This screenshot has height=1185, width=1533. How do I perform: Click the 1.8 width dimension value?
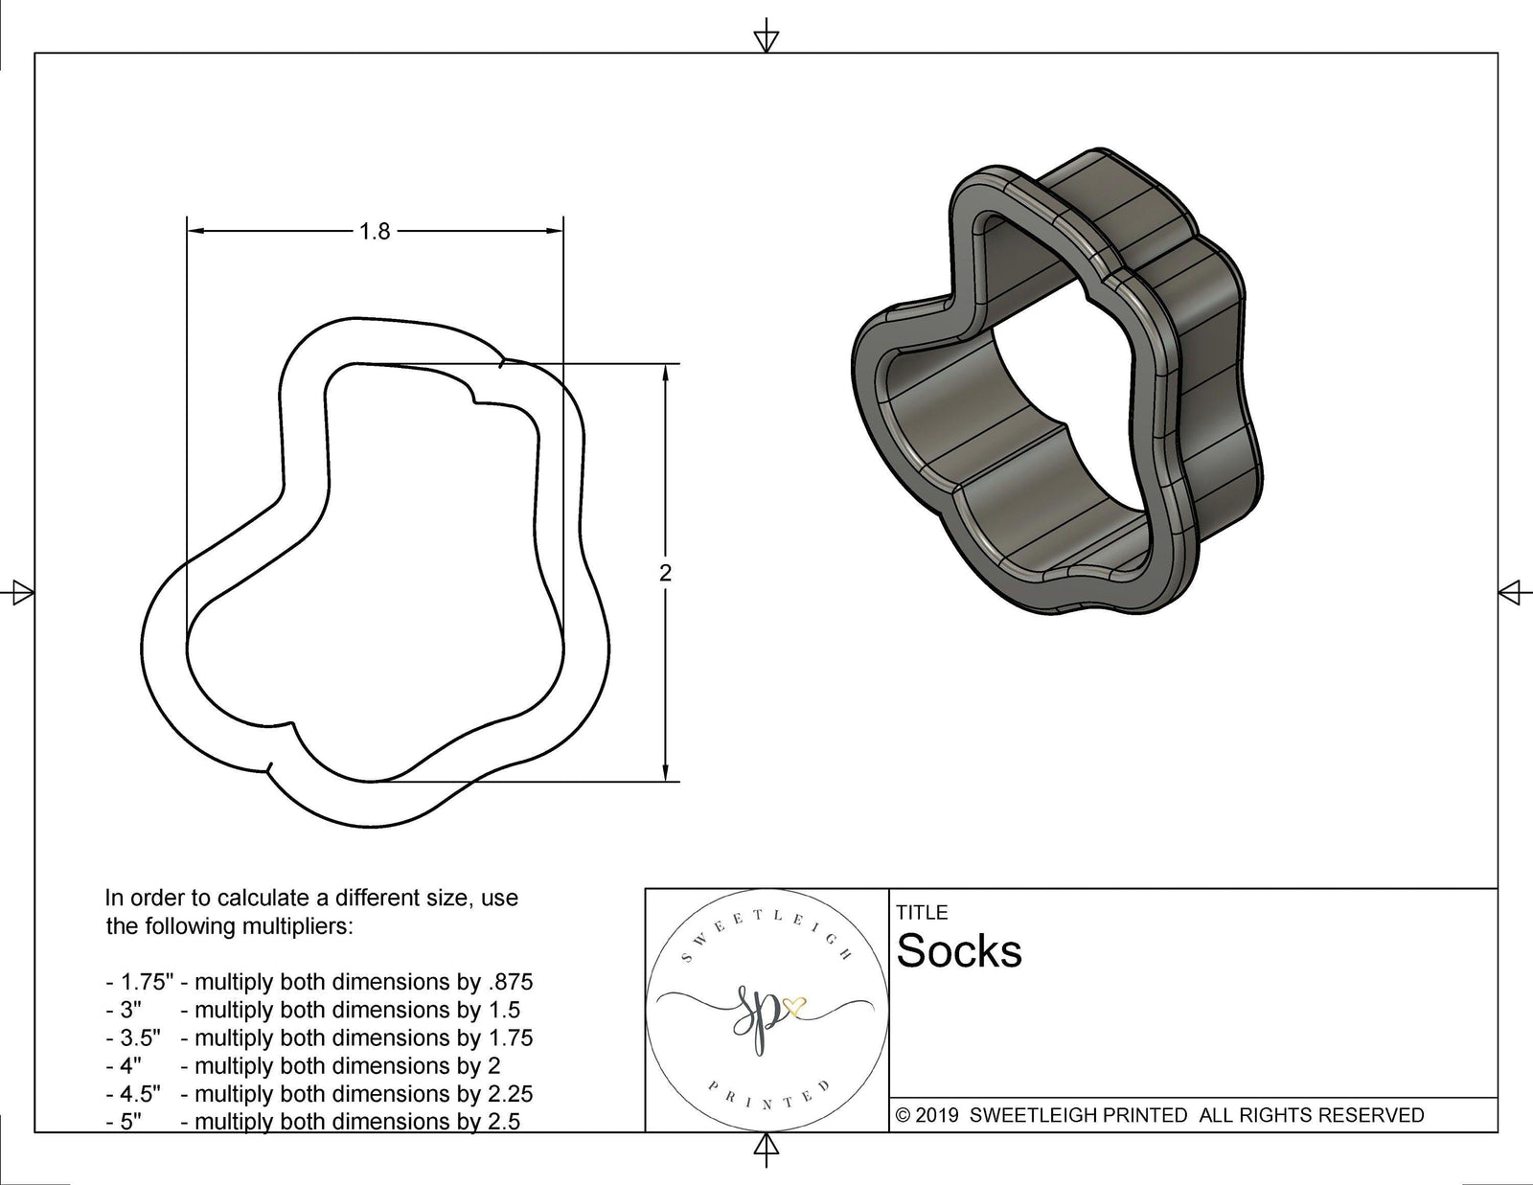click(x=375, y=231)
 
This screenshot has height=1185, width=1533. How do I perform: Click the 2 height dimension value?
click(x=666, y=573)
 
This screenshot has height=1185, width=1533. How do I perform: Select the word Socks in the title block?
click(x=959, y=951)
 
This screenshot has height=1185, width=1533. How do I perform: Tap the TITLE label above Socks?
click(x=922, y=913)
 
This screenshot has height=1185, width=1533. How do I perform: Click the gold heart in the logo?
click(x=795, y=1006)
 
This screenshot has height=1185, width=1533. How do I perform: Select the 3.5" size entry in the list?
click(x=140, y=1037)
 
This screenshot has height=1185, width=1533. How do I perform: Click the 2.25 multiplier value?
click(x=509, y=1094)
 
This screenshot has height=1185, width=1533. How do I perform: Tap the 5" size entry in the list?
click(x=130, y=1122)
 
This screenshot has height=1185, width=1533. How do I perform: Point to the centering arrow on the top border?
click(x=766, y=39)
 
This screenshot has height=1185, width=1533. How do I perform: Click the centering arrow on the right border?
click(x=1511, y=592)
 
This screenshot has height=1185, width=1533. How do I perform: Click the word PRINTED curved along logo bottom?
click(x=766, y=1103)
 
